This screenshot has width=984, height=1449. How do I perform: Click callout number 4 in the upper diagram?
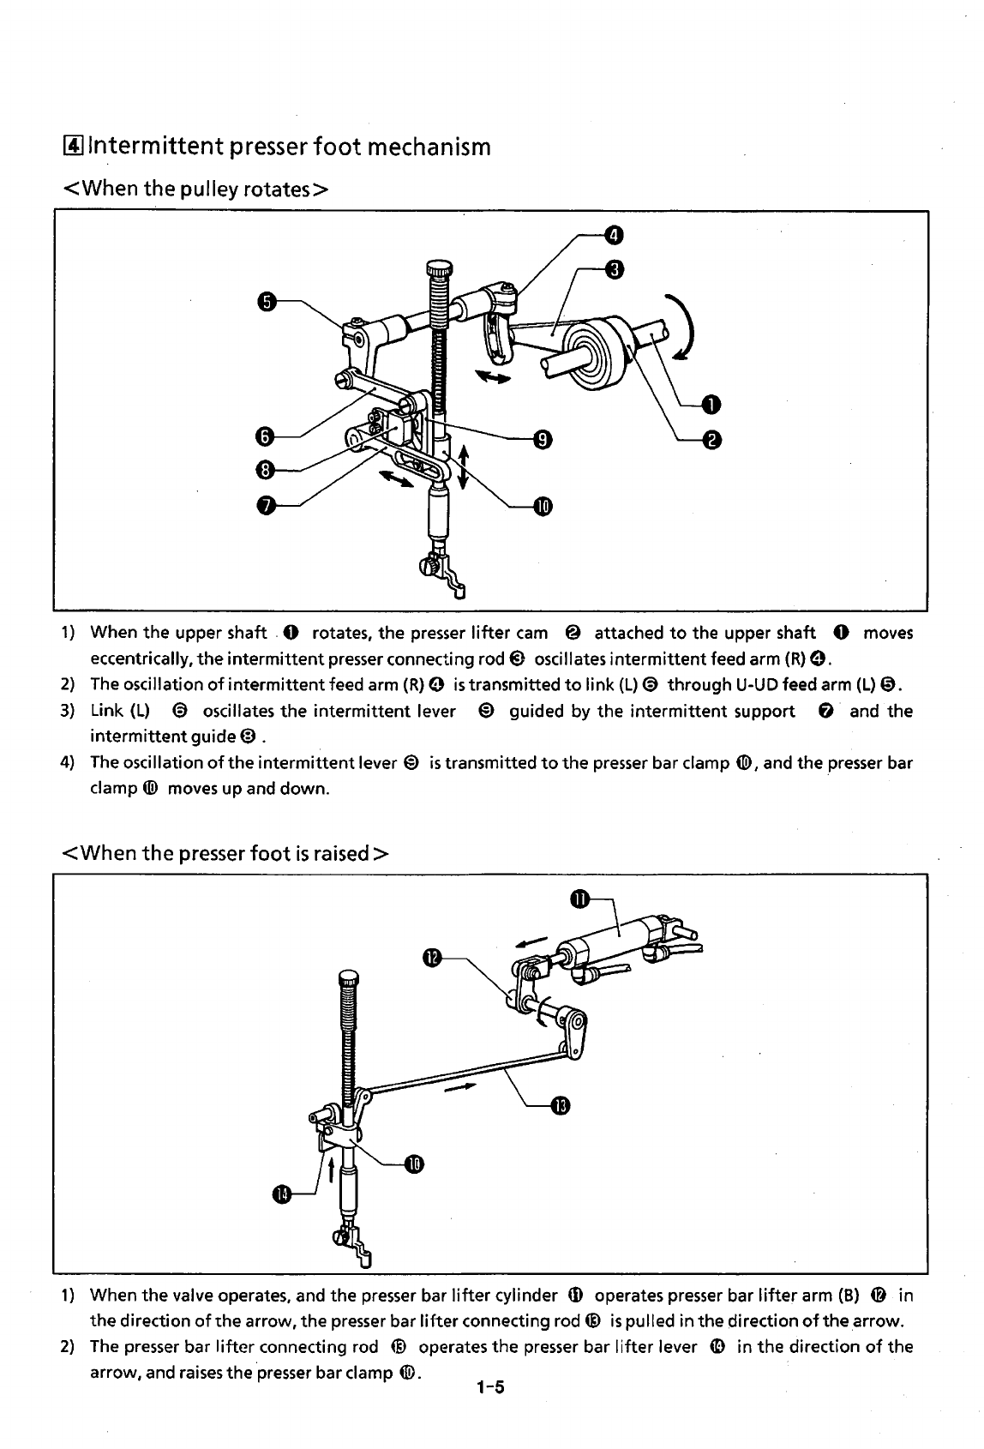point(613,235)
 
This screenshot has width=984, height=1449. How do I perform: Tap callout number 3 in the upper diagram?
point(613,269)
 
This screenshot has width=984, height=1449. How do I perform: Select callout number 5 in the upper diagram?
point(267,302)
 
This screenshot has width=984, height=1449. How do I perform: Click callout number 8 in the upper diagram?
point(266,469)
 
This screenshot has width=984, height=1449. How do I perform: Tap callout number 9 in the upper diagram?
point(542,440)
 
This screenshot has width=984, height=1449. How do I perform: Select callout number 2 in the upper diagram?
point(711,440)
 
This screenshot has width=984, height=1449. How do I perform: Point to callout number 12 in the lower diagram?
point(432,957)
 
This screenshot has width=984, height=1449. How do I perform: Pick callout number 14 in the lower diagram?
point(281,1194)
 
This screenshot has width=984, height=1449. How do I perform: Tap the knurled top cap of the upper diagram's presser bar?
point(438,270)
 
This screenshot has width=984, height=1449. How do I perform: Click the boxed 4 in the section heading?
point(71,147)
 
